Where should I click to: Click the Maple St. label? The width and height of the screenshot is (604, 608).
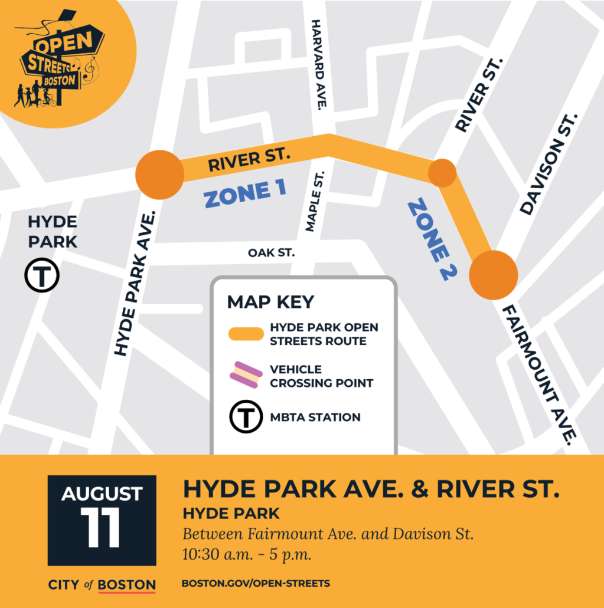point(315,202)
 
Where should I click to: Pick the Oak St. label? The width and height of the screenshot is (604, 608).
point(271,253)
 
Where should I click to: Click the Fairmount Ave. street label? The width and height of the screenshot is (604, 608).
point(538,374)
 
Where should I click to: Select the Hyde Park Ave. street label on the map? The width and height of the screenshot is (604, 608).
point(134,284)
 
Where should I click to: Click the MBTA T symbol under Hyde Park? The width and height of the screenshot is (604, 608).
point(42,277)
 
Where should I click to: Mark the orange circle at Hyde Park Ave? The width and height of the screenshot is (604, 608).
point(160,175)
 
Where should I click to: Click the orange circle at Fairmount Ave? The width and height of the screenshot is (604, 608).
point(494,275)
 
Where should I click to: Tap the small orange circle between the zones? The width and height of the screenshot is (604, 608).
point(442,173)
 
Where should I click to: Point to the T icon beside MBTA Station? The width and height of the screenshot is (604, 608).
point(245,418)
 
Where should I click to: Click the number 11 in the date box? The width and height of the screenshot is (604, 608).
point(101,527)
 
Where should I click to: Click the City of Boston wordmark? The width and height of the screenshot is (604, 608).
point(102,585)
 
